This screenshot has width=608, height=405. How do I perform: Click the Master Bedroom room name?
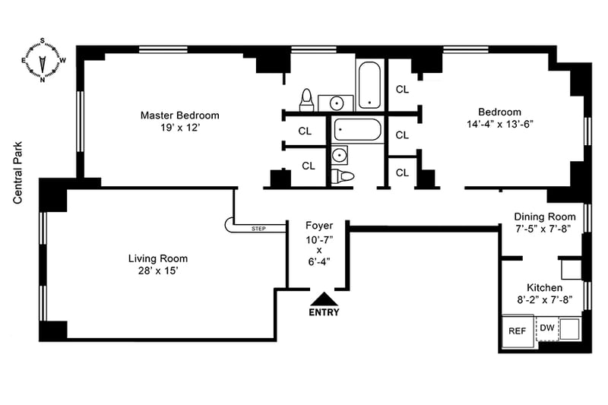point(179,115)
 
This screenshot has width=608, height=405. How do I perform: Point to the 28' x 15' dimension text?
point(157,271)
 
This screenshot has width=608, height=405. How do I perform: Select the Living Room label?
point(157,258)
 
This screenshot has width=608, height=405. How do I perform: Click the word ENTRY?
point(324,312)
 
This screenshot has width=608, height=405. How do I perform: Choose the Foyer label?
point(318,226)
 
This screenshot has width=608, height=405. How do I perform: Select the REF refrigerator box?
point(517,331)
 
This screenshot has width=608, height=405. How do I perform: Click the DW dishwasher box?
point(547,328)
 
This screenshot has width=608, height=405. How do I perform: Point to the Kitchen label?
point(544,288)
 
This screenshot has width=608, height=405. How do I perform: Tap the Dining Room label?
point(543,216)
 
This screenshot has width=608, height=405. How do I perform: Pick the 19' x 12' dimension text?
point(179,128)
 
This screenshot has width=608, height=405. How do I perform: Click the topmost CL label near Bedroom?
point(402,89)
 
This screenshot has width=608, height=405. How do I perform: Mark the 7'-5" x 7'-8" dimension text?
point(543,228)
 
